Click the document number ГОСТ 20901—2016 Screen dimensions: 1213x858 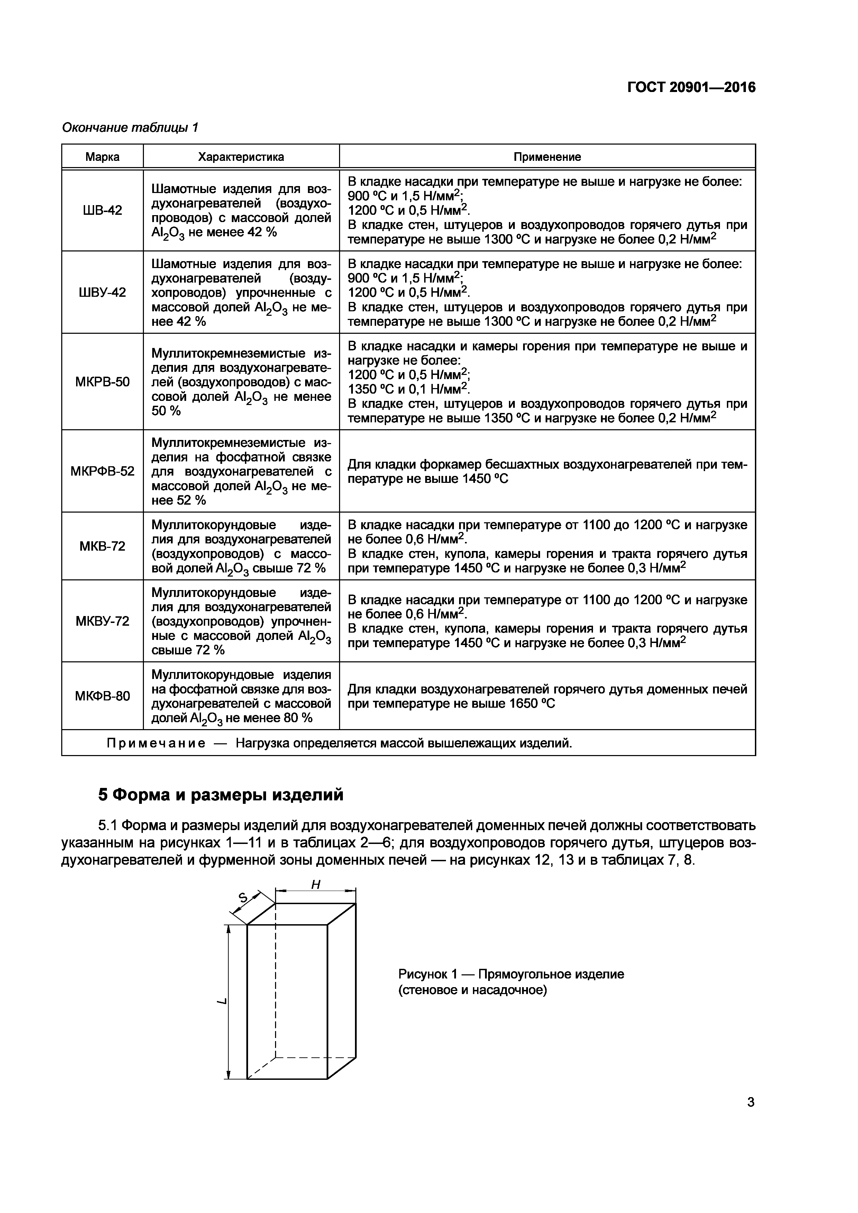point(691,87)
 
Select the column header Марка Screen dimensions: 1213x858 point(102,157)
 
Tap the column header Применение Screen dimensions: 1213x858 point(547,157)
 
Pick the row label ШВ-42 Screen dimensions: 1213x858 point(102,211)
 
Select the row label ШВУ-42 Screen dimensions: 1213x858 point(102,293)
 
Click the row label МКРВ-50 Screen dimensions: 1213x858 point(102,382)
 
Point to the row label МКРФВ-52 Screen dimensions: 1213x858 point(102,471)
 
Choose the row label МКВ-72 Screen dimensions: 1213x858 point(102,546)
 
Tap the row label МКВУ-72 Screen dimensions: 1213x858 point(102,621)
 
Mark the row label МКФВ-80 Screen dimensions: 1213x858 point(102,696)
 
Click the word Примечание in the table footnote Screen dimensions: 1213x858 point(156,743)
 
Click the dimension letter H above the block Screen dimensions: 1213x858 point(316,885)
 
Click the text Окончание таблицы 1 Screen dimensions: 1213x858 point(130,127)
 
